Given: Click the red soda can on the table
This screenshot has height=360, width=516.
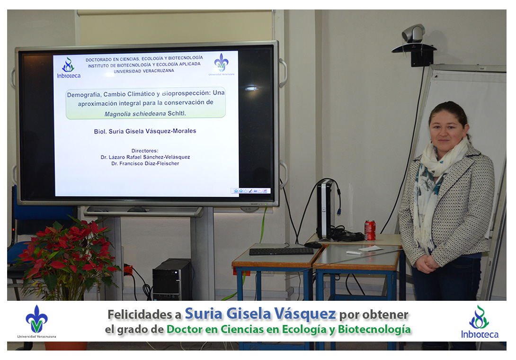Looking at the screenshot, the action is (370, 230).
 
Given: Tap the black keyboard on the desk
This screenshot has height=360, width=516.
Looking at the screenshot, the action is (281, 252).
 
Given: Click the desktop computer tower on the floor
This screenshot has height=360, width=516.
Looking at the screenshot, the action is (172, 279).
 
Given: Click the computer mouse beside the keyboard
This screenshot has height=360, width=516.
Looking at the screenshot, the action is (313, 245).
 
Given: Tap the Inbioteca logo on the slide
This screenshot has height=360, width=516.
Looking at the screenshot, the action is (69, 68).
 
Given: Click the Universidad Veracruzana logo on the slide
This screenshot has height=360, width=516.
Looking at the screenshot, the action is (221, 64).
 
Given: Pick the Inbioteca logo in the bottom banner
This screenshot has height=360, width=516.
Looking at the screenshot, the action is (480, 322).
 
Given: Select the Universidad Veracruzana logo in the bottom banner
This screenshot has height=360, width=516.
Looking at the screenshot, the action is (36, 322).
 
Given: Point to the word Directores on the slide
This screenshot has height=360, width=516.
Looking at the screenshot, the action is (145, 151).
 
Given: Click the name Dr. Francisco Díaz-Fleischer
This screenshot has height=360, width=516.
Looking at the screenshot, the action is (145, 163).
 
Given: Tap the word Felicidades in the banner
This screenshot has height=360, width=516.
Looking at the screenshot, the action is (144, 315).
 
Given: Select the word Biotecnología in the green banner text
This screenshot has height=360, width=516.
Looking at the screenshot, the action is (374, 329).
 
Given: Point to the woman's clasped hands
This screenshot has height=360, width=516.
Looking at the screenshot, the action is (427, 263).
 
